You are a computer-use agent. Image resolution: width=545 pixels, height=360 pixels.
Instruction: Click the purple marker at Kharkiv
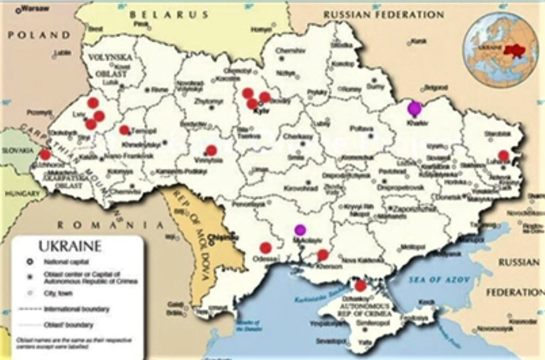(414, 108)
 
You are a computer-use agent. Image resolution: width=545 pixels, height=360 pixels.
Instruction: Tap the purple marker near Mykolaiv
(299, 229)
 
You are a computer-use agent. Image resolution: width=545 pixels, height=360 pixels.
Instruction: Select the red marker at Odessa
(265, 248)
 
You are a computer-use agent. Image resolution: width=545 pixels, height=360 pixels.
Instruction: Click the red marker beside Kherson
(323, 254)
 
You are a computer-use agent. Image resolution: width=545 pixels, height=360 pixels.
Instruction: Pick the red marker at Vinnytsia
(211, 150)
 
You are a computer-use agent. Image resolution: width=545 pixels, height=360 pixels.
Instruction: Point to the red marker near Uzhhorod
(45, 154)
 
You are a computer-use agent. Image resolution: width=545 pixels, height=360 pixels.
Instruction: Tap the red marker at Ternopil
(125, 130)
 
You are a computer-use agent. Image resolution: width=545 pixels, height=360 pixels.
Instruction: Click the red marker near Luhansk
(503, 156)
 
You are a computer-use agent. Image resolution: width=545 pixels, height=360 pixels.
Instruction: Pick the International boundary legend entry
(74, 309)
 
